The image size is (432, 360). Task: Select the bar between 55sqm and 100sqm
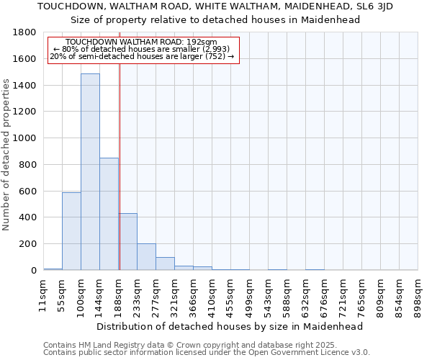pos(71,230)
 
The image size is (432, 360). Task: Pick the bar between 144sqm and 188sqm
pos(109,213)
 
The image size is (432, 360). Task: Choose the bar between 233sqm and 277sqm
pos(146,256)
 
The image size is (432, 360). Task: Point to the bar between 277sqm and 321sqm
pos(165,264)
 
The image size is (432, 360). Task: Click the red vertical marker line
pos(120,166)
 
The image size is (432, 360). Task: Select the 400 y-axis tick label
pos(27,217)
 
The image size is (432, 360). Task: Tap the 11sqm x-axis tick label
pos(43,294)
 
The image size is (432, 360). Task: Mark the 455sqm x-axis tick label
pos(230,294)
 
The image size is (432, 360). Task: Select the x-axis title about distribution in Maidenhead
pos(230,326)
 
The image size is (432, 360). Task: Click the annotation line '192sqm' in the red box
pos(141,42)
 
